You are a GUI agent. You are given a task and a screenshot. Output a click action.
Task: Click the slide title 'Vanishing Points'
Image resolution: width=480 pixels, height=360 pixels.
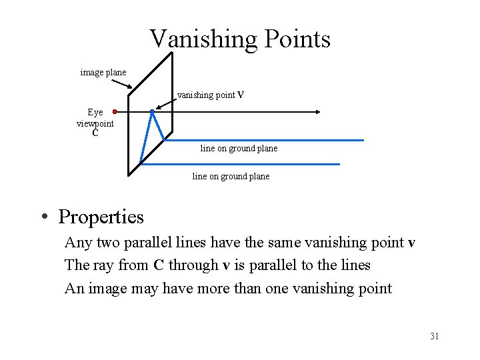click(239, 39)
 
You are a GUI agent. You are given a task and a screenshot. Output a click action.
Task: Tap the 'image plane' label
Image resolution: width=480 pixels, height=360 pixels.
click(103, 72)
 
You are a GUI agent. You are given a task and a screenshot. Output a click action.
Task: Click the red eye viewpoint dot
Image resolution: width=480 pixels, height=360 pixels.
click(115, 111)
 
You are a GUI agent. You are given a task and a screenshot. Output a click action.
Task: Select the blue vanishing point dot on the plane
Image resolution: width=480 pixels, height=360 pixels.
click(153, 111)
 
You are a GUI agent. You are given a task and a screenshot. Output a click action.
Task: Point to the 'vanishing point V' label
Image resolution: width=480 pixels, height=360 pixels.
click(211, 95)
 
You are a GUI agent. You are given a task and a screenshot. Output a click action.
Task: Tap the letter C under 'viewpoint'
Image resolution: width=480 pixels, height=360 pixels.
click(95, 133)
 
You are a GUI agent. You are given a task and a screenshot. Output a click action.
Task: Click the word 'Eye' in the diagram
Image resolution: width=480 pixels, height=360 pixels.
click(95, 113)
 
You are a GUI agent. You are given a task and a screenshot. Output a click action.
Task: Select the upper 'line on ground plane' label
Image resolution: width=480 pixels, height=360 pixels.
click(239, 148)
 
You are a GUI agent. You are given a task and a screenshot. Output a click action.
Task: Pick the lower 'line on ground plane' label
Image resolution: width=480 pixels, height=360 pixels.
click(231, 177)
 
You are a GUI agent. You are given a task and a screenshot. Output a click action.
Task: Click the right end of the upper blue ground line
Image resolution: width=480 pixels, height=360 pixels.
click(363, 140)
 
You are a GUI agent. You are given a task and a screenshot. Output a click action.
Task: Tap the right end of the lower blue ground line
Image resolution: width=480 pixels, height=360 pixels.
click(339, 164)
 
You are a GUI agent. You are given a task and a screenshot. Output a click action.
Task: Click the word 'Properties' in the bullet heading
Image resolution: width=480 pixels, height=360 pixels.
click(101, 217)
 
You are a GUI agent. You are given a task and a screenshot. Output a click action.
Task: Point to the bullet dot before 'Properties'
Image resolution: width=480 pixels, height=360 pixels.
click(43, 217)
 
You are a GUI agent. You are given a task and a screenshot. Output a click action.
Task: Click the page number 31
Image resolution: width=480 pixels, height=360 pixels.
click(434, 336)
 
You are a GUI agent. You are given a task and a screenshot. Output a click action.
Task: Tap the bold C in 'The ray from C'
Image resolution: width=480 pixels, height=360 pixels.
click(159, 265)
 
